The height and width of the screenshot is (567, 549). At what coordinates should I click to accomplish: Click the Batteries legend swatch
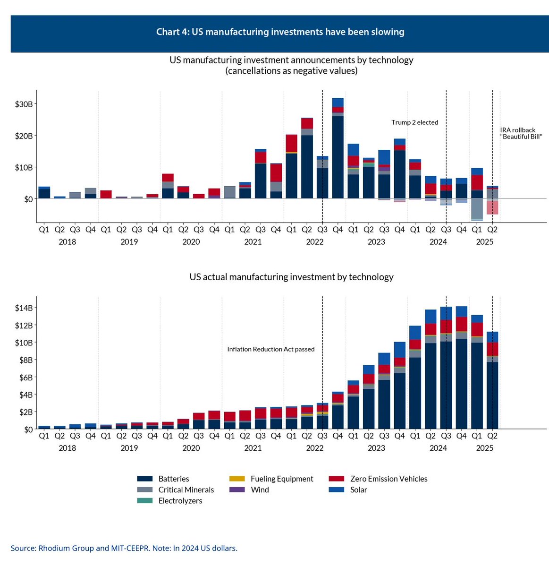click(x=144, y=479)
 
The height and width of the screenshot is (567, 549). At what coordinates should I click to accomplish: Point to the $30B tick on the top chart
click(x=23, y=104)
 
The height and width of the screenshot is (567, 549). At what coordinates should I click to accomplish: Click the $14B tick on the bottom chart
click(x=23, y=308)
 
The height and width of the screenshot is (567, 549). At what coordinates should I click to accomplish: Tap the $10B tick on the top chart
click(x=23, y=167)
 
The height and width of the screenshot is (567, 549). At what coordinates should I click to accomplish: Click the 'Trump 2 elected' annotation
click(x=414, y=122)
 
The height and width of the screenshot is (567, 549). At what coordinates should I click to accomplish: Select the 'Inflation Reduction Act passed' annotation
click(x=270, y=349)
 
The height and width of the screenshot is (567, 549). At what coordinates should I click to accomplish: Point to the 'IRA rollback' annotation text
click(x=518, y=130)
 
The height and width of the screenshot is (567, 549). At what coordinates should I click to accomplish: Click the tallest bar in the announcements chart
click(x=338, y=151)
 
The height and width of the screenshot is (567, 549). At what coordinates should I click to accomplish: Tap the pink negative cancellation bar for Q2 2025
click(x=492, y=208)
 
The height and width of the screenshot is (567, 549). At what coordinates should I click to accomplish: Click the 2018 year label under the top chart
click(x=67, y=242)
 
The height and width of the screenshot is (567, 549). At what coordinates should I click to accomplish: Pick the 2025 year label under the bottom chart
click(x=484, y=448)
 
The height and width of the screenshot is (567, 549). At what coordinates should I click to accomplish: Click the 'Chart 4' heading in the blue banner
click(x=280, y=32)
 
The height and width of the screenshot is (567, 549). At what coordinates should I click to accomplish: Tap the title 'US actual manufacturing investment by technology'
click(x=291, y=277)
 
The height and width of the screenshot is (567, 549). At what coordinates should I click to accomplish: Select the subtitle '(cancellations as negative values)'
click(x=291, y=71)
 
